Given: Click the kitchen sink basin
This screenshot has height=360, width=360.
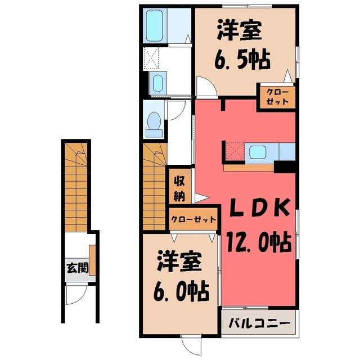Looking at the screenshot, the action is [258, 152].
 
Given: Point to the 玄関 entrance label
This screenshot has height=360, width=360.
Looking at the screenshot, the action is [77, 268].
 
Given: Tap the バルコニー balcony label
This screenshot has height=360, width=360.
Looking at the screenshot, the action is [259, 323].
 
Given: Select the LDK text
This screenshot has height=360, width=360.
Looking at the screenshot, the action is [260, 207].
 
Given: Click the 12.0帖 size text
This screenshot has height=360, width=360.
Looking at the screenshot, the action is [259, 241].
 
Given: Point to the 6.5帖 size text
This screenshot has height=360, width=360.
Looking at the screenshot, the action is [242, 58].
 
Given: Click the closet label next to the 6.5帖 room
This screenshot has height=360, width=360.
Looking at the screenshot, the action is [277, 97].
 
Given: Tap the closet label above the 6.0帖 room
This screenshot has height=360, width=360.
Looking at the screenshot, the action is [193, 219].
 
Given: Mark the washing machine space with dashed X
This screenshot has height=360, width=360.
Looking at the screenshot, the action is [151, 58].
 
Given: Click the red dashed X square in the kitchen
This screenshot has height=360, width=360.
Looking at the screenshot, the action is [235, 151].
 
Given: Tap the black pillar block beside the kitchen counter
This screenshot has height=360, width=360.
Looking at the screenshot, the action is [285, 167].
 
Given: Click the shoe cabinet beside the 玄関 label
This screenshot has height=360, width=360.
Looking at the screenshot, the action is [92, 260].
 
